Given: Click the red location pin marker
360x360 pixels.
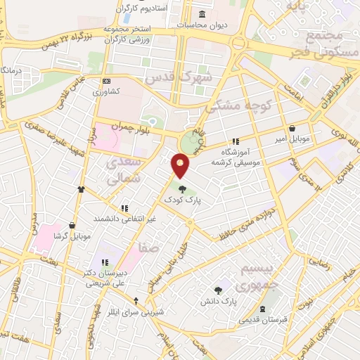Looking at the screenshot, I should [181, 166].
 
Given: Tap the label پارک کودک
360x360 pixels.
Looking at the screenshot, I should [183, 200].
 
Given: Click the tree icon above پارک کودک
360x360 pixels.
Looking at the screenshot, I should [183, 188].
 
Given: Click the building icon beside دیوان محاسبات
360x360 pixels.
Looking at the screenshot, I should [202, 15].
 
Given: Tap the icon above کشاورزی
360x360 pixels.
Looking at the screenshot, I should [105, 82].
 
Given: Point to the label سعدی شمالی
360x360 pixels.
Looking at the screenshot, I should [124, 171].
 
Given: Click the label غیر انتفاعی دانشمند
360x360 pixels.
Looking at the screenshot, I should [125, 219].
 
